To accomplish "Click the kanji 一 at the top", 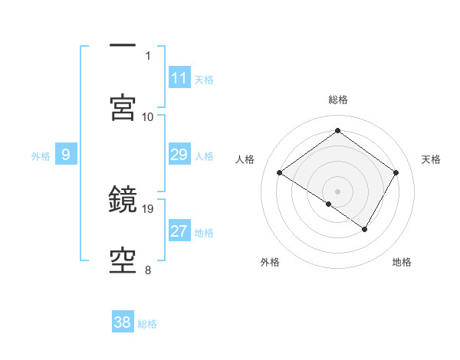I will (x=123, y=47).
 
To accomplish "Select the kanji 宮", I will (x=123, y=107).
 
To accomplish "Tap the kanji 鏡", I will (x=123, y=201).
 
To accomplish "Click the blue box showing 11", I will (x=179, y=78).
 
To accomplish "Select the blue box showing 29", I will (x=179, y=155).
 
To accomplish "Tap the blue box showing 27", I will (x=179, y=232).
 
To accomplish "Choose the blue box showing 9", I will (x=66, y=155).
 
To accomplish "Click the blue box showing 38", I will (x=123, y=322).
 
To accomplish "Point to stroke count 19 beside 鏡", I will (x=149, y=208).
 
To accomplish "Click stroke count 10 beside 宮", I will (x=148, y=116).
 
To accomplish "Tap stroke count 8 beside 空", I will (x=148, y=270).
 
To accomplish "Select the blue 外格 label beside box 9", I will (x=41, y=156).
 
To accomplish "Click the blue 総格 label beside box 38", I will (x=147, y=323).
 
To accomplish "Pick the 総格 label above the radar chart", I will (x=338, y=100).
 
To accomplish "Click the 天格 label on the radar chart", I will (x=431, y=159).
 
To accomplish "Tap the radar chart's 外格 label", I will (x=270, y=262).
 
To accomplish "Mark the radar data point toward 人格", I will (x=280, y=173).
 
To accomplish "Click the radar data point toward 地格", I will (x=365, y=229).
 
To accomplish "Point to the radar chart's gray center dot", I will (x=337, y=191).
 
